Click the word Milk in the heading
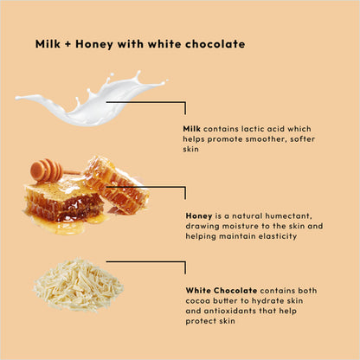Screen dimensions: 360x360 pyautogui.click(x=48, y=43)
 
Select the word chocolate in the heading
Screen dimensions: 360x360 pyautogui.click(x=215, y=43)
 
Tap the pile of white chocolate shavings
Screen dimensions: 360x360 pyautogui.click(x=78, y=284)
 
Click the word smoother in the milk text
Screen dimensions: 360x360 pyautogui.click(x=259, y=138)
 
